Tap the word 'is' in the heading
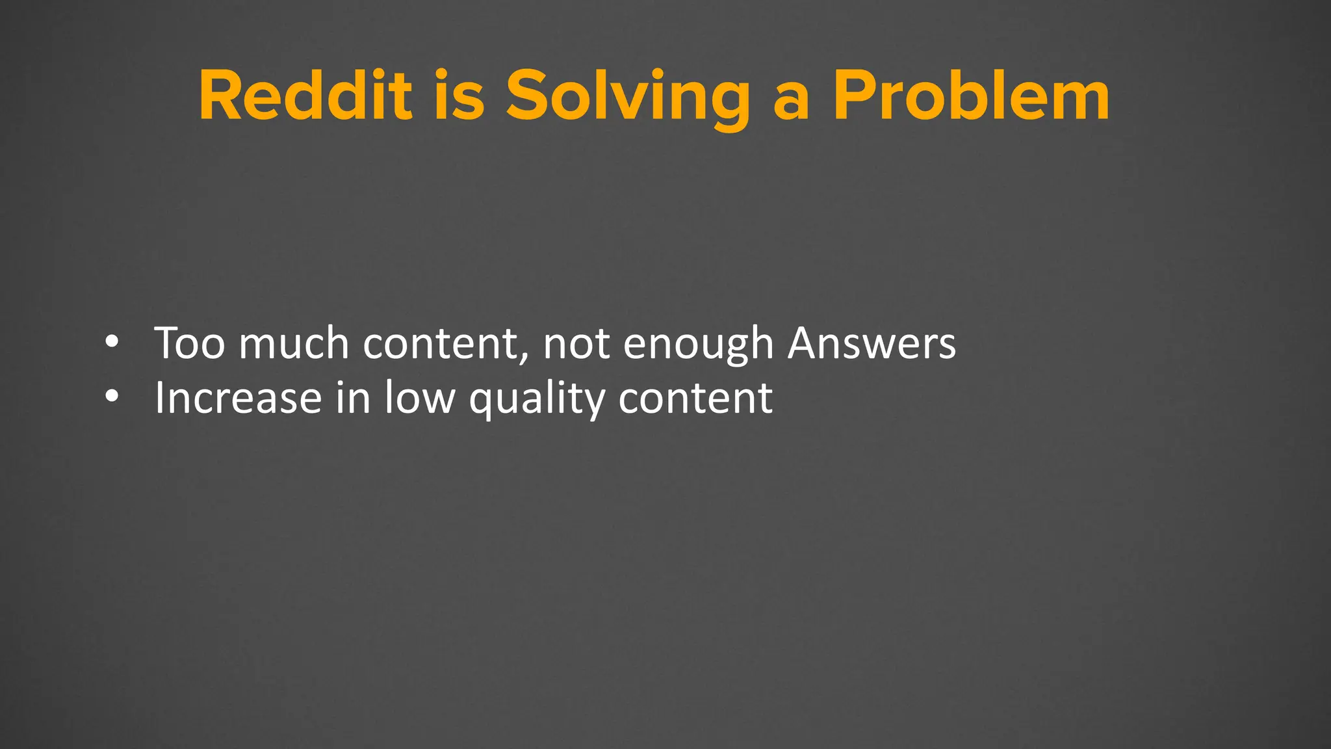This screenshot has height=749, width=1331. (x=459, y=96)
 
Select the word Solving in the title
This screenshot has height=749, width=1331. (x=628, y=98)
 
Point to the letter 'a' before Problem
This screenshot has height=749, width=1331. (x=792, y=103)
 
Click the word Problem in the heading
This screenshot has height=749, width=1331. (x=972, y=96)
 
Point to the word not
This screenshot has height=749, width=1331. (x=576, y=344)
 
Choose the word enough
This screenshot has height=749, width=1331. (x=698, y=344)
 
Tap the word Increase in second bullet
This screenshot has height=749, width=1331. (x=238, y=397)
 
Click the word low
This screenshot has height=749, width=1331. (x=420, y=397)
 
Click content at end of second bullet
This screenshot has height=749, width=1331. (x=695, y=397)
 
